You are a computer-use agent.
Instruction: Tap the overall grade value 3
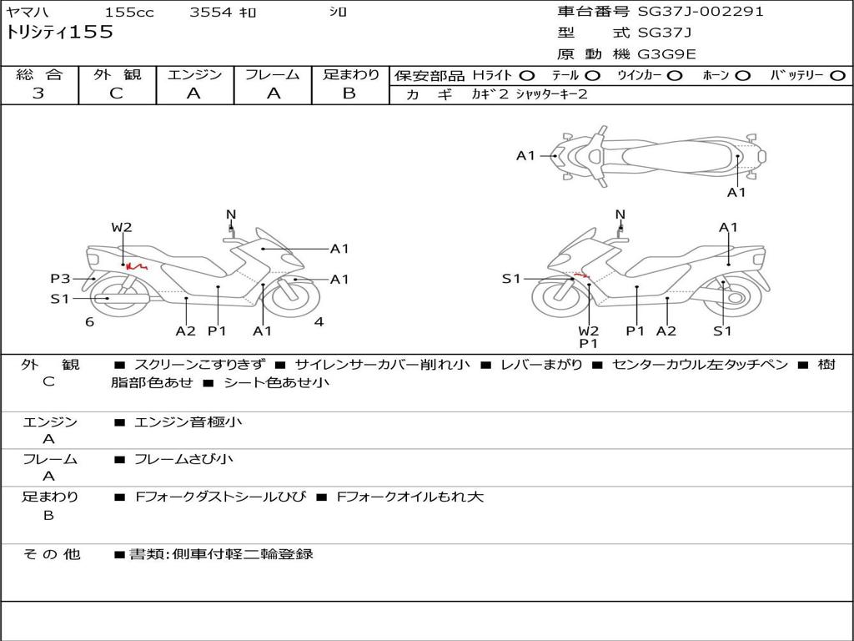click(38, 93)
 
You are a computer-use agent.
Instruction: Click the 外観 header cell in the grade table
click(117, 74)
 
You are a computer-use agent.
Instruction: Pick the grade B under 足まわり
click(349, 93)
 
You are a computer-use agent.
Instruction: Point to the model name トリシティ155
click(59, 33)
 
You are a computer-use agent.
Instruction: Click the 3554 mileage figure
click(213, 13)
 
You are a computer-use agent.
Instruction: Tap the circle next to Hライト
click(527, 75)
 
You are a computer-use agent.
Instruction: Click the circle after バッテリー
click(837, 75)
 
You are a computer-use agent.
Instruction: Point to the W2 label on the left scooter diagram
click(122, 227)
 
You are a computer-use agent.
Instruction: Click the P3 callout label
click(60, 279)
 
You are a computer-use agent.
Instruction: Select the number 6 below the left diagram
click(89, 322)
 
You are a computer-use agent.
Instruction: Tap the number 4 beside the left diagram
click(319, 322)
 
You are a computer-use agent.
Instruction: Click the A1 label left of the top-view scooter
click(525, 155)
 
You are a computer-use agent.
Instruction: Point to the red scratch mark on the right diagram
click(581, 276)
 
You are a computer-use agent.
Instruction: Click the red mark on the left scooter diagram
click(133, 267)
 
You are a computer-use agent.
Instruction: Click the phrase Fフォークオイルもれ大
click(409, 497)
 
